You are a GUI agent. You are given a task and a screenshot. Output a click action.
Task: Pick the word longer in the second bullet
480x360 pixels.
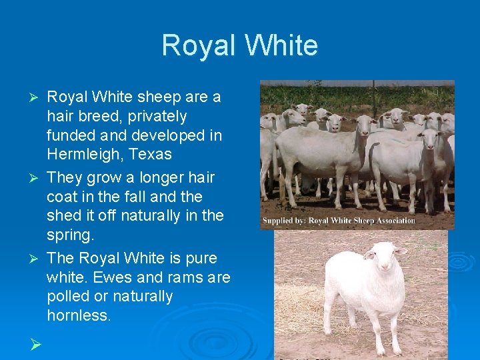click(x=151, y=178)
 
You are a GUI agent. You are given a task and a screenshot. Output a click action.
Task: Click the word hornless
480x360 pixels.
click(x=79, y=315)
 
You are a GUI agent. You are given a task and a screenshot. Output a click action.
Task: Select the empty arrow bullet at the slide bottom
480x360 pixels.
click(x=36, y=344)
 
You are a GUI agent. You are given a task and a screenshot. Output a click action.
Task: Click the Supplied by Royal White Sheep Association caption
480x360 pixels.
click(x=338, y=221)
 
